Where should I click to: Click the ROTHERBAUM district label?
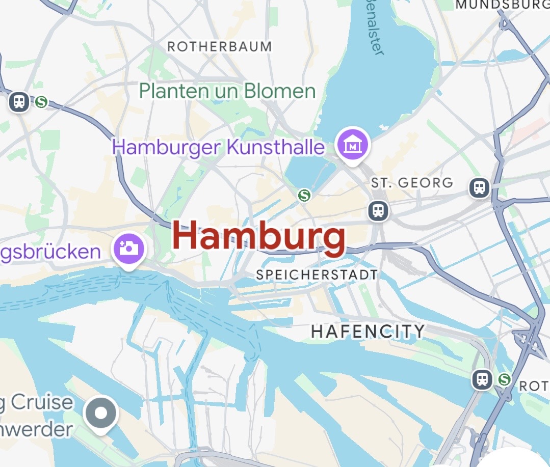220,47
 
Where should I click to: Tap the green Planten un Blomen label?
227,92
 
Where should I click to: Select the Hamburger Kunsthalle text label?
218,148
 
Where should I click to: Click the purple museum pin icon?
352,145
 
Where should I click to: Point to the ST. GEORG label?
412,183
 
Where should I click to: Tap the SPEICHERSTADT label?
317,275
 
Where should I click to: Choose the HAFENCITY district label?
368,332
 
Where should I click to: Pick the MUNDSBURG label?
502,5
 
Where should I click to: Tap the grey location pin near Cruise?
101,413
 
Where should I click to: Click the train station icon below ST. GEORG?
378,210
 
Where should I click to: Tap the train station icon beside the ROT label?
482,379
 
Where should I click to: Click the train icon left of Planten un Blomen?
19,101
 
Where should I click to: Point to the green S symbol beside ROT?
505,379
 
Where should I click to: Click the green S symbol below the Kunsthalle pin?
304,195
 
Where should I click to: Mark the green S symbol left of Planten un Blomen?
41,102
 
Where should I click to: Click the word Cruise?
42,402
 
